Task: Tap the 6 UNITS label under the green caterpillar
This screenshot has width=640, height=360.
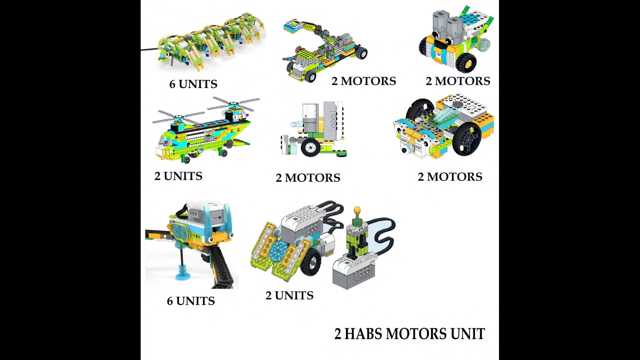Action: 193,84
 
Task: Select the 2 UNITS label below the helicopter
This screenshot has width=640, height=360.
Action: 178,176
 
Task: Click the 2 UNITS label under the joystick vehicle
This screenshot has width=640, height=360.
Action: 289,295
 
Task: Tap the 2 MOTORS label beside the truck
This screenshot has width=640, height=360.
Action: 364,81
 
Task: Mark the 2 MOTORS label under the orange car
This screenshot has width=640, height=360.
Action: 450,177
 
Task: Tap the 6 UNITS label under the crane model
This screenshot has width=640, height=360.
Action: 191,301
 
